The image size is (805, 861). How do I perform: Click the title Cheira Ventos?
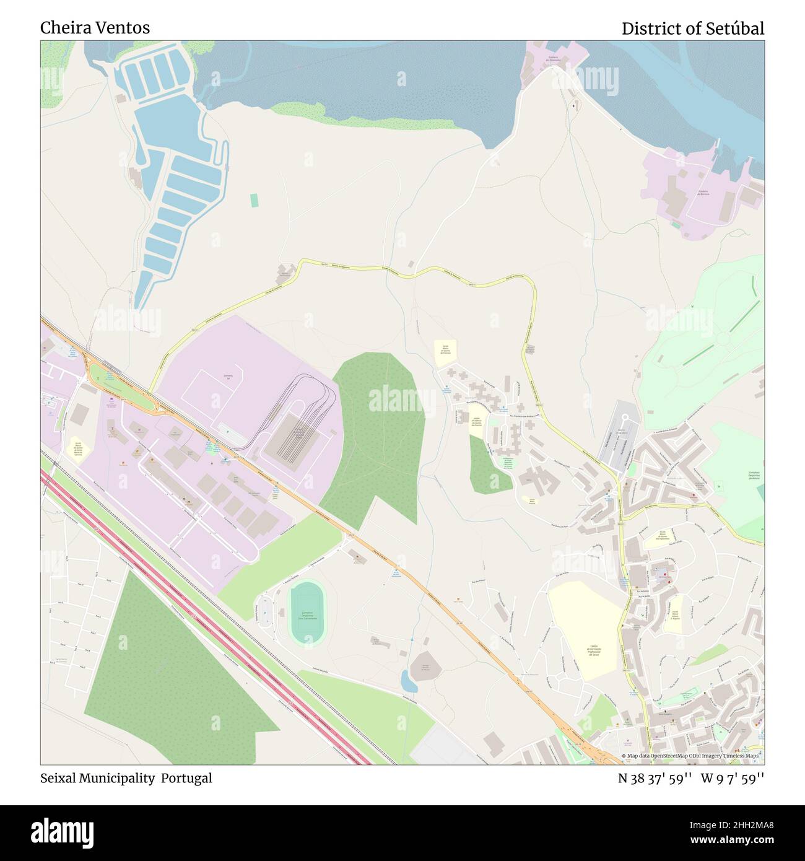coord(95,28)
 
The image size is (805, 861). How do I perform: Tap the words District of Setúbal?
coord(692,28)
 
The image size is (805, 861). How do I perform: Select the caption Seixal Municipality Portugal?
coord(126,778)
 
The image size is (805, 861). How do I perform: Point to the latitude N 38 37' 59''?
coord(655,779)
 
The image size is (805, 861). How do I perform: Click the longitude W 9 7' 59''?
coord(733,779)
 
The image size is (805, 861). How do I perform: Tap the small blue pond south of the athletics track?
coord(408,682)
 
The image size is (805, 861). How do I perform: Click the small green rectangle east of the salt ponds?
coord(254,200)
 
